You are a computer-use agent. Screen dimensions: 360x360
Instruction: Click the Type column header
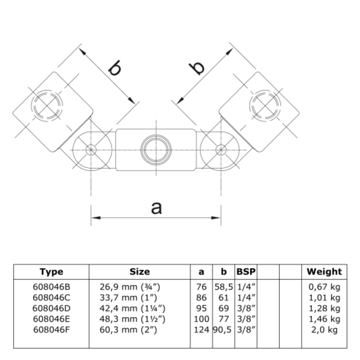coord(51,272)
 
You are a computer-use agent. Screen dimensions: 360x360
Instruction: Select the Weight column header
coord(324,272)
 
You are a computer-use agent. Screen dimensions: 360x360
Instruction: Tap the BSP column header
coord(246,272)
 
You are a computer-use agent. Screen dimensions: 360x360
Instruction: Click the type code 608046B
coord(51,287)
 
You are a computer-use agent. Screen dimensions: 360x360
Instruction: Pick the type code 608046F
coord(51,330)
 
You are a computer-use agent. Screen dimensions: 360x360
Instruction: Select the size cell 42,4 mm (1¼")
coord(132,308)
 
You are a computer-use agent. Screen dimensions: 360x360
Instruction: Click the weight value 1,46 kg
coord(324,319)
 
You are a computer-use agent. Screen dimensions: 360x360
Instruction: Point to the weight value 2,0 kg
coord(324,330)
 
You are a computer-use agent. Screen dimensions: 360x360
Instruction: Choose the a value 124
coord(201,330)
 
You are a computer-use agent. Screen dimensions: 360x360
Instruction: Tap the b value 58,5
coord(223,287)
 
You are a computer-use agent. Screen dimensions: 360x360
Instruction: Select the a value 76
coord(201,287)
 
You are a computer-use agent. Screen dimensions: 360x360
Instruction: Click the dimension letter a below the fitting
coord(156,208)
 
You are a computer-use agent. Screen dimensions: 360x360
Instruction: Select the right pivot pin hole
coord(221,149)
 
